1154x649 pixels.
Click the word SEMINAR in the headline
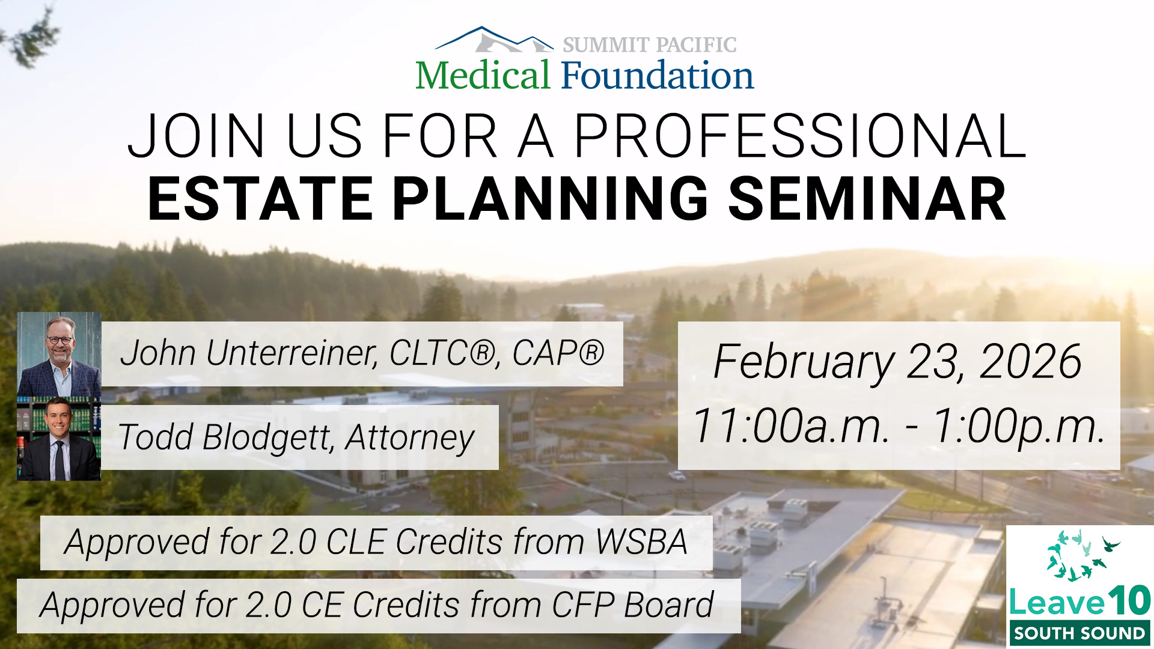(x=867, y=199)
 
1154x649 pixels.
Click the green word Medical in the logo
(x=483, y=75)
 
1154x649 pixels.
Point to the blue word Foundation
(x=658, y=75)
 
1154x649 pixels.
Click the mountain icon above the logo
(x=494, y=39)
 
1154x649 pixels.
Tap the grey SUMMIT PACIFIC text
(x=650, y=44)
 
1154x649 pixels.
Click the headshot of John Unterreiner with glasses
(x=59, y=354)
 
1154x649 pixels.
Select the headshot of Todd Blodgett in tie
(x=59, y=439)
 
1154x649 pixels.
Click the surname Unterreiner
(x=292, y=353)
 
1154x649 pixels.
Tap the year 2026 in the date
(x=1031, y=362)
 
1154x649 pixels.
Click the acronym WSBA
(x=642, y=542)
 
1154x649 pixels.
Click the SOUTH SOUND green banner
(x=1079, y=633)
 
